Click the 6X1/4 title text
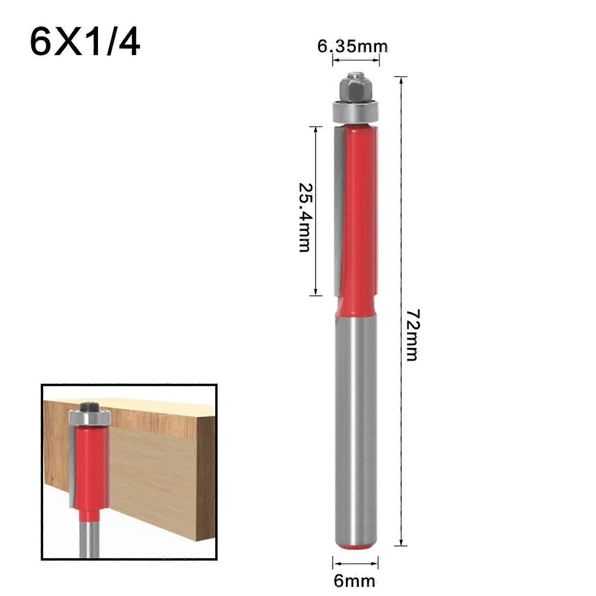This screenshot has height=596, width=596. tap(85, 43)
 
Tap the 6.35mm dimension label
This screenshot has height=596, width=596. tap(352, 47)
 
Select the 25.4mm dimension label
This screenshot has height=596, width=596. tap(305, 218)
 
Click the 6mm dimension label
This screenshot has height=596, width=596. tap(354, 581)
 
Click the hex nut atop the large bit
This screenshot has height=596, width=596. tap(355, 90)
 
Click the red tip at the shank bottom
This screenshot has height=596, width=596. tap(356, 547)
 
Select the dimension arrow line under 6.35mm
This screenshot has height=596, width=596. tap(356, 60)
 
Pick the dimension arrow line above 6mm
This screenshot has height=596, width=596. tap(355, 563)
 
